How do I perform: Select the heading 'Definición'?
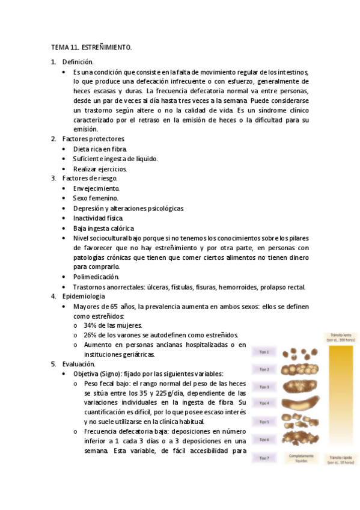(x=78, y=62)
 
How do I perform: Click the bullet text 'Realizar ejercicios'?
(x=100, y=169)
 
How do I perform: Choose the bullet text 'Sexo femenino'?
(x=96, y=198)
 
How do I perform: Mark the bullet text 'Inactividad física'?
(x=98, y=218)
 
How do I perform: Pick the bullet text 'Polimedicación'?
(x=96, y=277)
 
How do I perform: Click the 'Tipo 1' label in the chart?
(x=264, y=352)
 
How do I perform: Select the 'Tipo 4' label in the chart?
(x=264, y=403)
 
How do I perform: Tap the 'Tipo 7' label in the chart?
(x=264, y=458)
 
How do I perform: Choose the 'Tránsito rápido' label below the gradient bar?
(x=340, y=459)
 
